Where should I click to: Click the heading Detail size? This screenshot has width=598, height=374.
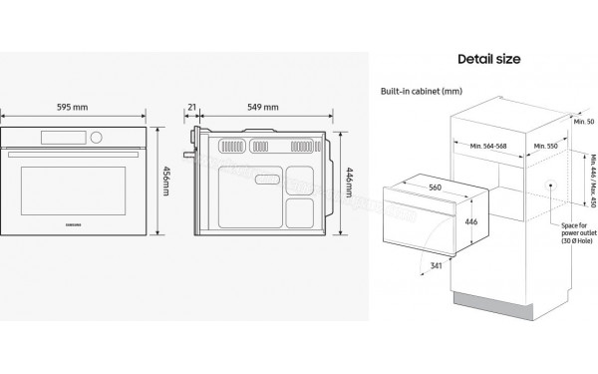click(x=488, y=59)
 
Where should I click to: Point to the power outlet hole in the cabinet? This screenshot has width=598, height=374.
click(x=552, y=185)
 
